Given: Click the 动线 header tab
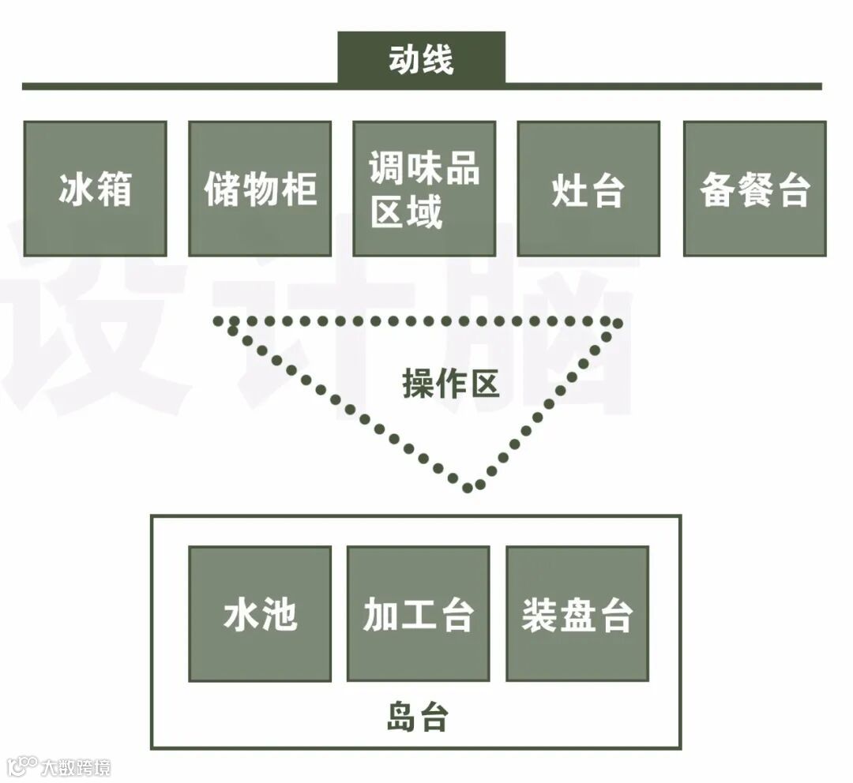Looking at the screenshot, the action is coord(421,58).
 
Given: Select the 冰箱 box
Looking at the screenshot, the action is coord(95,189).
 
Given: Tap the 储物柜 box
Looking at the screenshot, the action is coord(260,189).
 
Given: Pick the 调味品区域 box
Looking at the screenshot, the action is coord(424,189).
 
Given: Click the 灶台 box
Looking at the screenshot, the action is coord(588,189).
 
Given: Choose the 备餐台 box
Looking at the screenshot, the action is coord(754,189).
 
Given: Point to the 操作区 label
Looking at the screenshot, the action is coord(451,384).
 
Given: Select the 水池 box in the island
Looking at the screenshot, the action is coord(260,613).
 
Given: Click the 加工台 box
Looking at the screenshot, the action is coord(418,613).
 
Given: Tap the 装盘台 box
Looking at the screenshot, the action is coord(577,613).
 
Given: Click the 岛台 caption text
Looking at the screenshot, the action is coord(418,717).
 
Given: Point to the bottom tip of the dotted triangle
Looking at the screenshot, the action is coord(468,487).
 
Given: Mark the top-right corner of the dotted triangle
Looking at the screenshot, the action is coord(618,323).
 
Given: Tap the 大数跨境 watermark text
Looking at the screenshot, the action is coord(76,766).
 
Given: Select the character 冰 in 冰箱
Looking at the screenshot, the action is coord(76,189).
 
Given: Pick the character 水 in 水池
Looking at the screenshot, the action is coord(241,614).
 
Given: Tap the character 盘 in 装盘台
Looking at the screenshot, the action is coord(577,614).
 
